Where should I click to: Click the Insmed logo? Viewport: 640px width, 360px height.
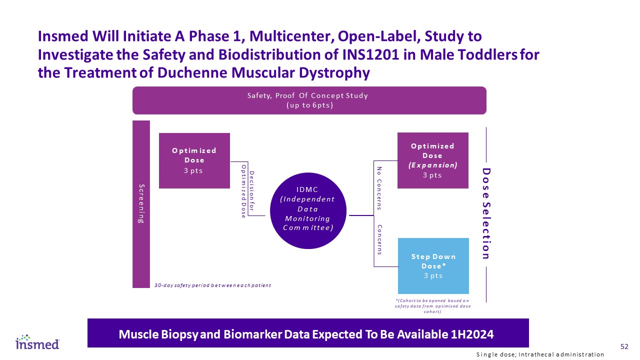click(x=37, y=342)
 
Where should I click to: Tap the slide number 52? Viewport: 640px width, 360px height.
click(x=624, y=346)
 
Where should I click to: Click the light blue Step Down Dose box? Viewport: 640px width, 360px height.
click(x=433, y=265)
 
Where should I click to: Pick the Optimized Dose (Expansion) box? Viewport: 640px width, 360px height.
click(x=432, y=160)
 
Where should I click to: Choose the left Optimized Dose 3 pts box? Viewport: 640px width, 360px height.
click(x=194, y=160)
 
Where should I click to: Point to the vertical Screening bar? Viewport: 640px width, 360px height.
click(x=141, y=204)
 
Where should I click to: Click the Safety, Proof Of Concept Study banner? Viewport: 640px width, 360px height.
click(x=309, y=100)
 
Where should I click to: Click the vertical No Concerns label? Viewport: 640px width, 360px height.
click(x=379, y=188)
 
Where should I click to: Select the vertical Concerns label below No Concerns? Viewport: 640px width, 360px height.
click(x=379, y=240)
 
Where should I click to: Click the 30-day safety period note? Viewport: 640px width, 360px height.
click(x=212, y=285)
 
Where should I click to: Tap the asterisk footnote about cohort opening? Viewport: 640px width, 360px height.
click(x=433, y=305)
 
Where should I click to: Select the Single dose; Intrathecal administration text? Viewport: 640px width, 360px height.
click(x=540, y=354)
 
